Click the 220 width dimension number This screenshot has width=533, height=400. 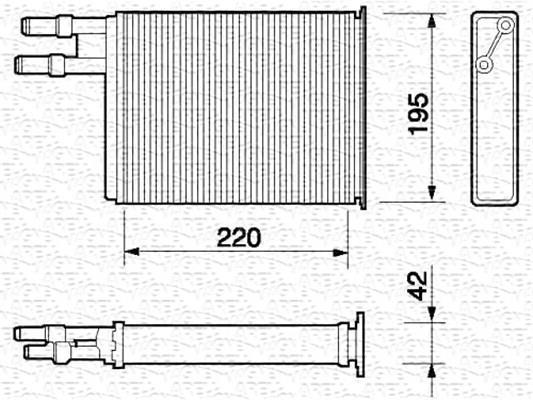tap(238, 238)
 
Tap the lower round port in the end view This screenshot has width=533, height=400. tap(484, 64)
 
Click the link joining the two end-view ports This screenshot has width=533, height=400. tap(491, 45)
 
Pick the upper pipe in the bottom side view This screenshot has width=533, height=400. tap(60, 333)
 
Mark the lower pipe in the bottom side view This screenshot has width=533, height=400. tap(45, 352)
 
